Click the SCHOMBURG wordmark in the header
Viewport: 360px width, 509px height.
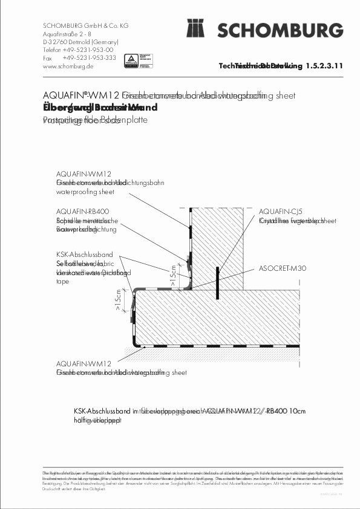281,30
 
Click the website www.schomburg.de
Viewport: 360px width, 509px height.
68,66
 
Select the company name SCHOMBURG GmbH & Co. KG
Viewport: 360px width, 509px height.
86,26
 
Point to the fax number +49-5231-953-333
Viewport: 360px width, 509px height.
89,58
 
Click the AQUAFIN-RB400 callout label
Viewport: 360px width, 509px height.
82,211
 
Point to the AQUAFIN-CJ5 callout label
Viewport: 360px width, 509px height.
280,211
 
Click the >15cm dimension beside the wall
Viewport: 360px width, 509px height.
172,274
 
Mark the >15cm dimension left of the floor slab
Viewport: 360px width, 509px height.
117,299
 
